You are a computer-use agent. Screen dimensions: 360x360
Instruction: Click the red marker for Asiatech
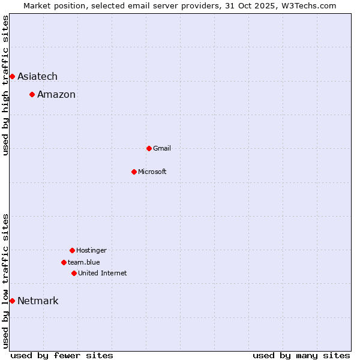[x=12, y=76]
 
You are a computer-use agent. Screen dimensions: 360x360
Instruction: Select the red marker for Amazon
[x=32, y=94]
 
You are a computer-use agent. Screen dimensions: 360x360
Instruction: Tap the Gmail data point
[x=149, y=148]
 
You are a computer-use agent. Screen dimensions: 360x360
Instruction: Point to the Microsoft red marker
[x=134, y=172]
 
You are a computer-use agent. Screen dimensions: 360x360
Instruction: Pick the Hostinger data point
[x=72, y=250]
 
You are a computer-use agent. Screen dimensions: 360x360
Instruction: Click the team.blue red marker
[x=64, y=262]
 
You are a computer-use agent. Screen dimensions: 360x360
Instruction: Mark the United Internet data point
[x=74, y=273]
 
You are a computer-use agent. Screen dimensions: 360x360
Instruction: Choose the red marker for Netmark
[x=12, y=301]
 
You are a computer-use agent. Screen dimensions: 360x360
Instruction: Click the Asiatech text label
[x=37, y=76]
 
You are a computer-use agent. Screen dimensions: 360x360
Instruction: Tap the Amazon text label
[x=56, y=94]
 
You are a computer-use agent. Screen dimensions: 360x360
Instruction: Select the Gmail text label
[x=162, y=148]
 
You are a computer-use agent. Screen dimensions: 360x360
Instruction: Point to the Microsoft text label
[x=152, y=172]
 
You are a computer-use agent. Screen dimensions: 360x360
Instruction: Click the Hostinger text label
[x=91, y=250]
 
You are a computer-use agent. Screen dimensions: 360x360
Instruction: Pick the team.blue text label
[x=84, y=262]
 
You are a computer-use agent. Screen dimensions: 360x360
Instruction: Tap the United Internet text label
[x=103, y=273]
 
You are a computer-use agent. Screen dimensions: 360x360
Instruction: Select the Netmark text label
[x=38, y=301]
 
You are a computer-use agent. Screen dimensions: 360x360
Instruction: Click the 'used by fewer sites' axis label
[x=62, y=355]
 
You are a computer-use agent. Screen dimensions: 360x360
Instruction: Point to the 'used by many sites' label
[x=301, y=355]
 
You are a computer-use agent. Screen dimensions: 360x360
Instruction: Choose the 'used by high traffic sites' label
[x=5, y=85]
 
